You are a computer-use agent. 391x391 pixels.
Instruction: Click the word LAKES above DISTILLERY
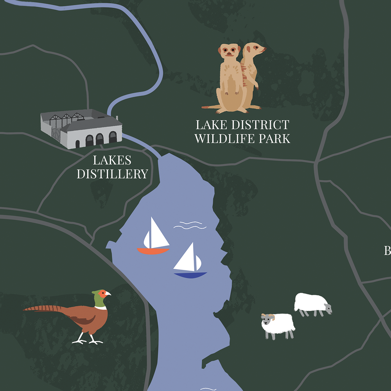pyautogui.click(x=112, y=160)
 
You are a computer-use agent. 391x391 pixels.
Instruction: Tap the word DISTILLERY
pyautogui.click(x=112, y=174)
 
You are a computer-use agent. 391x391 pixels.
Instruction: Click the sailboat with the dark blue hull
pyautogui.click(x=190, y=262)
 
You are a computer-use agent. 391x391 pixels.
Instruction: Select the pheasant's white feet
pyautogui.click(x=88, y=341)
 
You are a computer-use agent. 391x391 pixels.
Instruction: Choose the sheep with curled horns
pyautogui.click(x=278, y=325)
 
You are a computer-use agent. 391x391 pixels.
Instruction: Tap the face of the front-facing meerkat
pyautogui.click(x=230, y=51)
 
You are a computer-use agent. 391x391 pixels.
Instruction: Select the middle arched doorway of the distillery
pyautogui.click(x=100, y=139)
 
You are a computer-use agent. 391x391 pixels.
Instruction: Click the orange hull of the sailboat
pyautogui.click(x=153, y=251)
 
